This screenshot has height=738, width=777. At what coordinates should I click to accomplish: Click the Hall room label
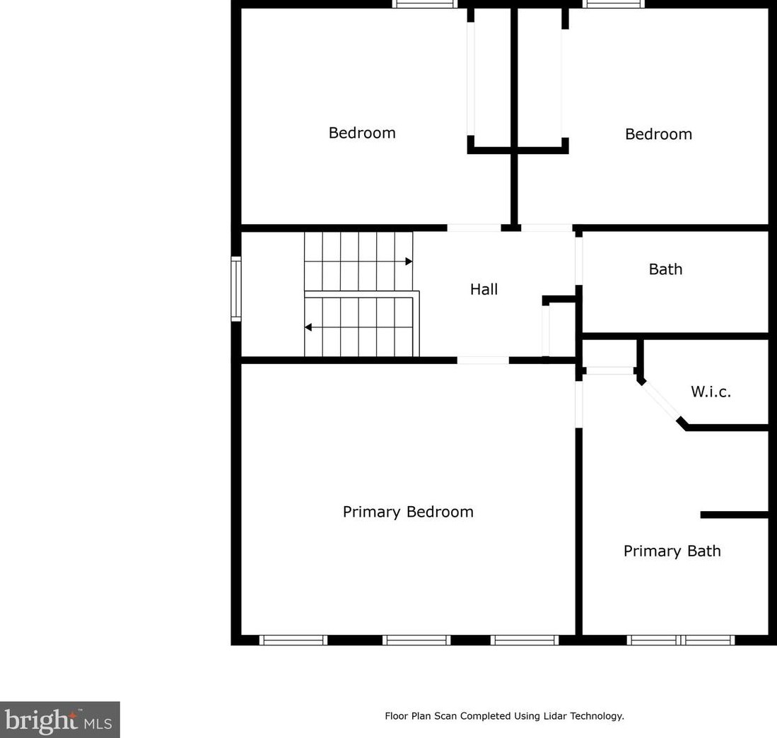tap(484, 289)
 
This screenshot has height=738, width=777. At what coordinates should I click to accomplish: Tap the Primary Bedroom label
tap(408, 512)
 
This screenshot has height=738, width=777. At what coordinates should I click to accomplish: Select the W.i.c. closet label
tap(711, 392)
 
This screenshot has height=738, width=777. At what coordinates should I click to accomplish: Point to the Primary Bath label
tap(672, 551)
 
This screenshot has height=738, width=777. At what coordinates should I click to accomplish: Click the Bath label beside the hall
tap(665, 269)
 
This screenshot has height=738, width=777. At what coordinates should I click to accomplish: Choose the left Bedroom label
tap(362, 133)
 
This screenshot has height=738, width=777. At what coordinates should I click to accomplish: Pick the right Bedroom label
tap(658, 134)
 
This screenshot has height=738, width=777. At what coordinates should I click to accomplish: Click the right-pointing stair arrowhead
tap(409, 262)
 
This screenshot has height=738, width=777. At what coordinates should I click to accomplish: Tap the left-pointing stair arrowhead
tap(308, 327)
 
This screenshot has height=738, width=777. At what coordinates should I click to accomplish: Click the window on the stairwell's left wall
tap(236, 288)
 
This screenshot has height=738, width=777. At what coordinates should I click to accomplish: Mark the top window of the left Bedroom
tap(425, 4)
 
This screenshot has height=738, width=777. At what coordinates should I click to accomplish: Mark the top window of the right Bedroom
tap(614, 4)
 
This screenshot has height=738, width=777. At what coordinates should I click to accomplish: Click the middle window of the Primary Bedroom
tap(416, 640)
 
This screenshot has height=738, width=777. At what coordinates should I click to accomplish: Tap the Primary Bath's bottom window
tap(681, 640)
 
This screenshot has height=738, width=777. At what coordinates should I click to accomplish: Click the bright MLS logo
tap(59, 720)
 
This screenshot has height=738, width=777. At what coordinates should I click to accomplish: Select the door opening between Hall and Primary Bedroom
tap(482, 361)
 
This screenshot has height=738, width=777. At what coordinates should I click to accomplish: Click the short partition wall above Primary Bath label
tap(734, 515)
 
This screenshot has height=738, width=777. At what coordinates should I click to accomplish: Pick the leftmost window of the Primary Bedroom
tap(293, 640)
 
